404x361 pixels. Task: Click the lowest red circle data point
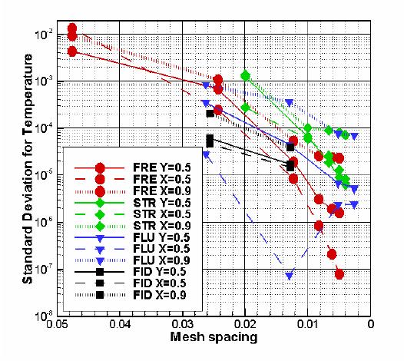339,273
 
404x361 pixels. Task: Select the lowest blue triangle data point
290,276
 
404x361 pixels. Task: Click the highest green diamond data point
245,75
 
